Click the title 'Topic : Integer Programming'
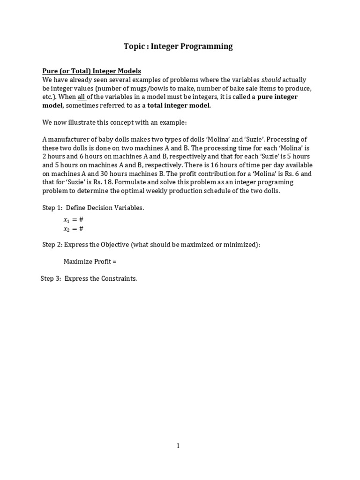click(178, 46)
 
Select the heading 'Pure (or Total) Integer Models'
click(91, 71)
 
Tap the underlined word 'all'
click(82, 97)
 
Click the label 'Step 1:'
click(52, 208)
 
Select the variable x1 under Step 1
click(67, 220)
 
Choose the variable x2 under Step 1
click(67, 229)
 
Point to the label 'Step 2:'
click(52, 245)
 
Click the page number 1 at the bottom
click(178, 446)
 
